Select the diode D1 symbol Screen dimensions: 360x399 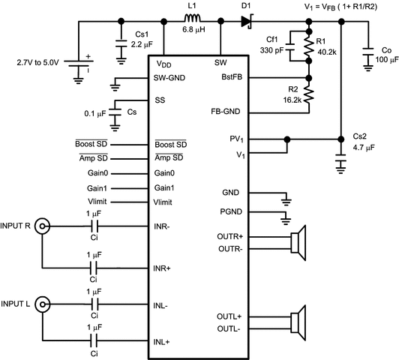tap(246, 22)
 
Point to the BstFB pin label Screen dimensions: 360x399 tap(229, 77)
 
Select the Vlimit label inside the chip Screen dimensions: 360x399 tap(165, 202)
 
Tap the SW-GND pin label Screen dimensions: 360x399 tap(170, 77)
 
